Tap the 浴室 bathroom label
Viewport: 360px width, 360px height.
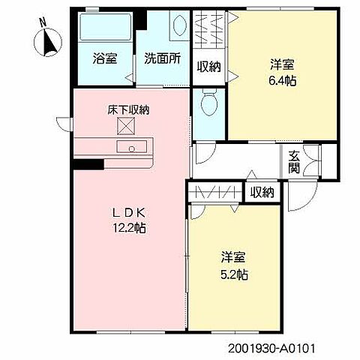(x=105, y=58)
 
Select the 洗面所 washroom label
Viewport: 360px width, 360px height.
(x=163, y=58)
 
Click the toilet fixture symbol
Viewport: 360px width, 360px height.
(x=209, y=102)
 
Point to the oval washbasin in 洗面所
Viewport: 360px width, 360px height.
(x=180, y=25)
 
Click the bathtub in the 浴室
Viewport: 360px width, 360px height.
(x=105, y=27)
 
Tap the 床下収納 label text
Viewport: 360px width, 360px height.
(x=128, y=110)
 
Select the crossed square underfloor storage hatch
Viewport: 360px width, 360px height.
(x=126, y=126)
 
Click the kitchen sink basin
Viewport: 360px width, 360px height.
(x=132, y=146)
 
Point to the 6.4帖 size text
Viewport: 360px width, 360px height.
(x=283, y=81)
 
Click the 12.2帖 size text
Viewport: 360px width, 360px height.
(x=129, y=228)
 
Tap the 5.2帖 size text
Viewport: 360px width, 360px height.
(x=234, y=274)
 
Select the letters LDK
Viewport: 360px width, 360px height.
(x=129, y=213)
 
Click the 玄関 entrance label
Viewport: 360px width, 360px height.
(x=294, y=163)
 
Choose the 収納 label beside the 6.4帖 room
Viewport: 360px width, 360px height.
(x=209, y=67)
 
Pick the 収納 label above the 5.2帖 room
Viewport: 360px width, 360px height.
(x=262, y=192)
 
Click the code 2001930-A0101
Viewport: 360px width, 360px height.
(x=271, y=348)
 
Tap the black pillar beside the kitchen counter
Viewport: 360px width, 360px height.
(x=88, y=164)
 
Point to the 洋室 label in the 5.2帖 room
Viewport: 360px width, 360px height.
(x=233, y=257)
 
